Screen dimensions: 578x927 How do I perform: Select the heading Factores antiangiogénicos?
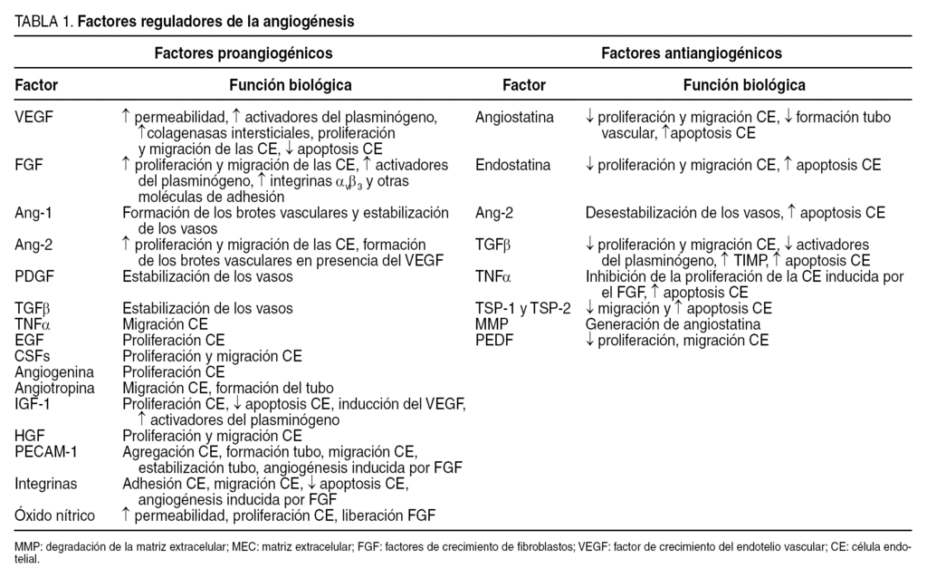tap(692, 53)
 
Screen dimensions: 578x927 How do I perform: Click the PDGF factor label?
tap(33, 276)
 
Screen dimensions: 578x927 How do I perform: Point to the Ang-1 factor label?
tap(33, 214)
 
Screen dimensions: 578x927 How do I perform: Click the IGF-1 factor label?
tap(33, 403)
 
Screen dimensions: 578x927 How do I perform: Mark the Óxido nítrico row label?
tap(55, 515)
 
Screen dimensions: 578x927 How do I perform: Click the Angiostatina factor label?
tap(515, 117)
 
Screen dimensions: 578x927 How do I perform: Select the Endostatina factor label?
tap(513, 166)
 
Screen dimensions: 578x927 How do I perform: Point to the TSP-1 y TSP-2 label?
tap(523, 308)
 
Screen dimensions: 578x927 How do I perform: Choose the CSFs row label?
tap(33, 356)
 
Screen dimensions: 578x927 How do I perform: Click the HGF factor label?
tap(30, 435)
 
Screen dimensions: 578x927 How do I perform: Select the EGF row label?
tap(29, 340)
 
